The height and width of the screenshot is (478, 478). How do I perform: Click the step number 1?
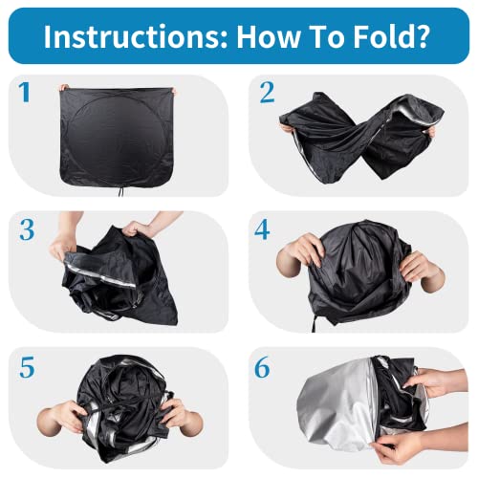point(25,93)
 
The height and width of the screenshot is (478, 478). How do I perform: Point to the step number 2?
point(267,93)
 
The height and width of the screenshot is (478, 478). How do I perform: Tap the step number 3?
point(27,229)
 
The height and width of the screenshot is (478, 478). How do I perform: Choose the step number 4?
point(262,229)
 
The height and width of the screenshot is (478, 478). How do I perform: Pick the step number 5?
point(27,367)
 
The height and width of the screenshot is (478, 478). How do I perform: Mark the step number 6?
point(262,367)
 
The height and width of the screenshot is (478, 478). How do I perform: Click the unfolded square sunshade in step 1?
point(117,137)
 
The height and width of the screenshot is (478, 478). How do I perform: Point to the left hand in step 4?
point(299,252)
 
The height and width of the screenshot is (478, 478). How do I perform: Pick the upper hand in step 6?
point(437,382)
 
